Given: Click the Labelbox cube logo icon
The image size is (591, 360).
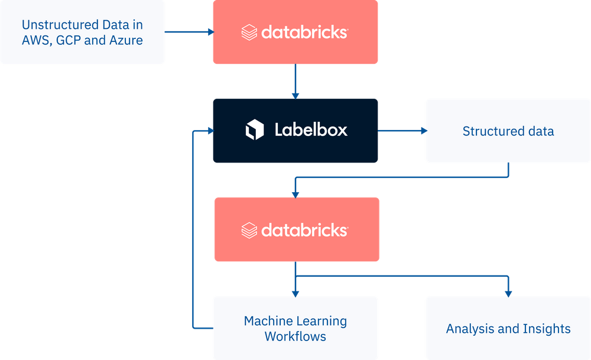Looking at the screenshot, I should [x=255, y=129].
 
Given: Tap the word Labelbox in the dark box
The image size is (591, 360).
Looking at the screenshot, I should [x=311, y=130].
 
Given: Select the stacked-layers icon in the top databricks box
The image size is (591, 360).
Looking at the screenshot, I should [x=249, y=33].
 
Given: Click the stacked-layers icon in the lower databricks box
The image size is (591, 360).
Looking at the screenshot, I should [x=249, y=230].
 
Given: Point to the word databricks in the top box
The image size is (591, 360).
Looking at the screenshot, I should [x=304, y=33].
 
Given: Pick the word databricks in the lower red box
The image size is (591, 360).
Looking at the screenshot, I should [x=304, y=230].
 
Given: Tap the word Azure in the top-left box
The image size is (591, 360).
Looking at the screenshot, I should [x=126, y=41].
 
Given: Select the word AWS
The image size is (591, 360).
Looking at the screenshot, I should [x=35, y=41].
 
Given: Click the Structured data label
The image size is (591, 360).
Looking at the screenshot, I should [x=508, y=131].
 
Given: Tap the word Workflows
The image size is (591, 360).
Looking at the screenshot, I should [x=295, y=336].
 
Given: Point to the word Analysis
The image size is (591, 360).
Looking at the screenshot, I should [x=469, y=329].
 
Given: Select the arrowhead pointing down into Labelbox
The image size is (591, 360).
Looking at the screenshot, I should [x=295, y=94].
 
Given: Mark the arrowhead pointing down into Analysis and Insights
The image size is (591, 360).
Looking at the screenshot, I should [x=508, y=292].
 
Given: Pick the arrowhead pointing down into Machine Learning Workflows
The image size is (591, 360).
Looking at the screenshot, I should [x=295, y=292].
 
